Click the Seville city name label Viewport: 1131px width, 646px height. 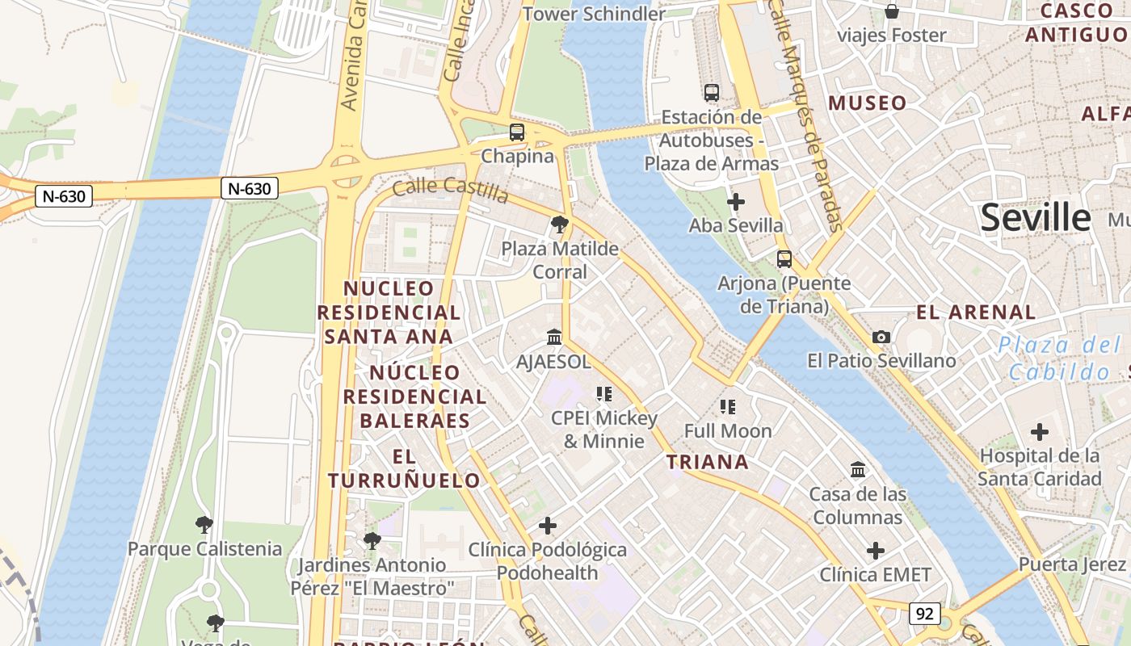[x=1035, y=218]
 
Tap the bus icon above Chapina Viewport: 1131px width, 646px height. [x=517, y=132]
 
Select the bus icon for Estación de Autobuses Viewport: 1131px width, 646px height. [x=711, y=93]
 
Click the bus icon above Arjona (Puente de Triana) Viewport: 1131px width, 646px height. [x=784, y=259]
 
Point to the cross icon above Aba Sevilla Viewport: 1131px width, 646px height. [x=736, y=201]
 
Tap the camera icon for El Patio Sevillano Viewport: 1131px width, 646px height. [x=881, y=337]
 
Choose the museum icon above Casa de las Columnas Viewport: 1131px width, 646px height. [x=857, y=469]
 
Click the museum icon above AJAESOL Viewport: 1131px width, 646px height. [x=554, y=337]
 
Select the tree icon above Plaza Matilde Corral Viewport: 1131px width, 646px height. [x=559, y=224]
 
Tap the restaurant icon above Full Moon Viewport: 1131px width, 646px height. [x=728, y=407]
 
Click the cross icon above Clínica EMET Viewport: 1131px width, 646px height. [x=876, y=551]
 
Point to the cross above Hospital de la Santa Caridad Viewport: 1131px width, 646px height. [x=1040, y=432]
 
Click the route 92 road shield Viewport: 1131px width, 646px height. [x=924, y=614]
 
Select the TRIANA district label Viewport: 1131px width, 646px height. [x=707, y=462]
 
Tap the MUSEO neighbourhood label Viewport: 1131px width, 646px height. [x=868, y=103]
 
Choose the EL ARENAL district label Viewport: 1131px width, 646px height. [x=976, y=313]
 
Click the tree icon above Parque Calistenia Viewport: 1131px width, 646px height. [x=204, y=525]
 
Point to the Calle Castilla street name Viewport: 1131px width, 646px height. [x=450, y=191]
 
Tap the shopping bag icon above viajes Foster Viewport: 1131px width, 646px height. [x=892, y=11]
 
